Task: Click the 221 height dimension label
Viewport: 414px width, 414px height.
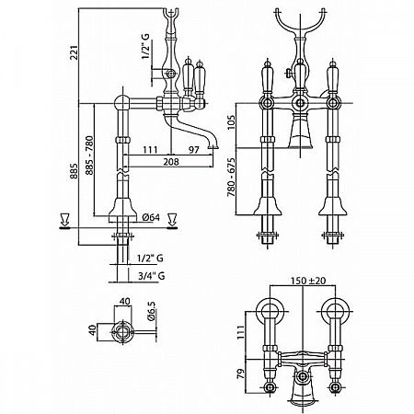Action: click(75, 52)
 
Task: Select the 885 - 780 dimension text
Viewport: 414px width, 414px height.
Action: click(89, 155)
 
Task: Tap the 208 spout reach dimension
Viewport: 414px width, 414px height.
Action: click(170, 161)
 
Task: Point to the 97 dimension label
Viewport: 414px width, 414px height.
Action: click(194, 150)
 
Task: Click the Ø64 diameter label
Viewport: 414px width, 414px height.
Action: click(152, 217)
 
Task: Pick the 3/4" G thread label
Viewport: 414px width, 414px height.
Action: click(152, 276)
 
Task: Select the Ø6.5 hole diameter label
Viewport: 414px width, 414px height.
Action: click(152, 311)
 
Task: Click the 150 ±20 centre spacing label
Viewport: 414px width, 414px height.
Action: click(308, 281)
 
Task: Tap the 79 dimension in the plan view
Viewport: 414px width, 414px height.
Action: click(242, 374)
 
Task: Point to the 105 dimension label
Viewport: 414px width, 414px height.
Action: click(231, 121)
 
